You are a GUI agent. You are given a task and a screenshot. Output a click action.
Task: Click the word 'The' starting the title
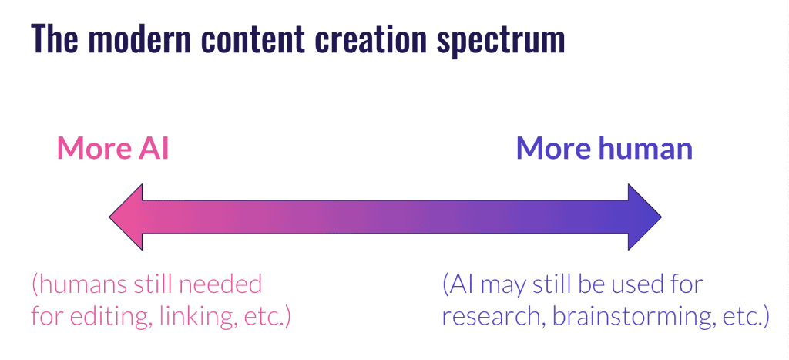pyautogui.click(x=54, y=39)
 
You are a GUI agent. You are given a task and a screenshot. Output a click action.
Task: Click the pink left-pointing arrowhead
pyautogui.click(x=126, y=217)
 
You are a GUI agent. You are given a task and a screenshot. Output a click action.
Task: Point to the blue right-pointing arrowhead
pyautogui.click(x=645, y=217)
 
